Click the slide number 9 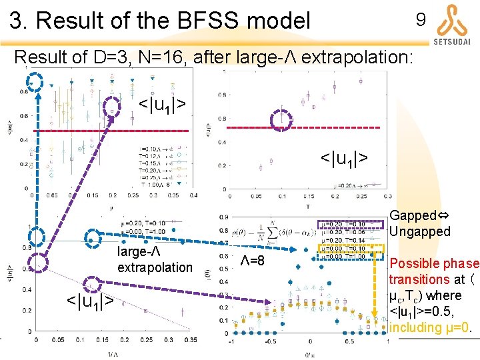[x=421, y=20]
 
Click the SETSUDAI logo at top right [x=452, y=24]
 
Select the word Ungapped [x=420, y=231]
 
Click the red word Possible [x=414, y=263]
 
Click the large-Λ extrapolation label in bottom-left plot [x=154, y=259]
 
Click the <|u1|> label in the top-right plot [x=345, y=158]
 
